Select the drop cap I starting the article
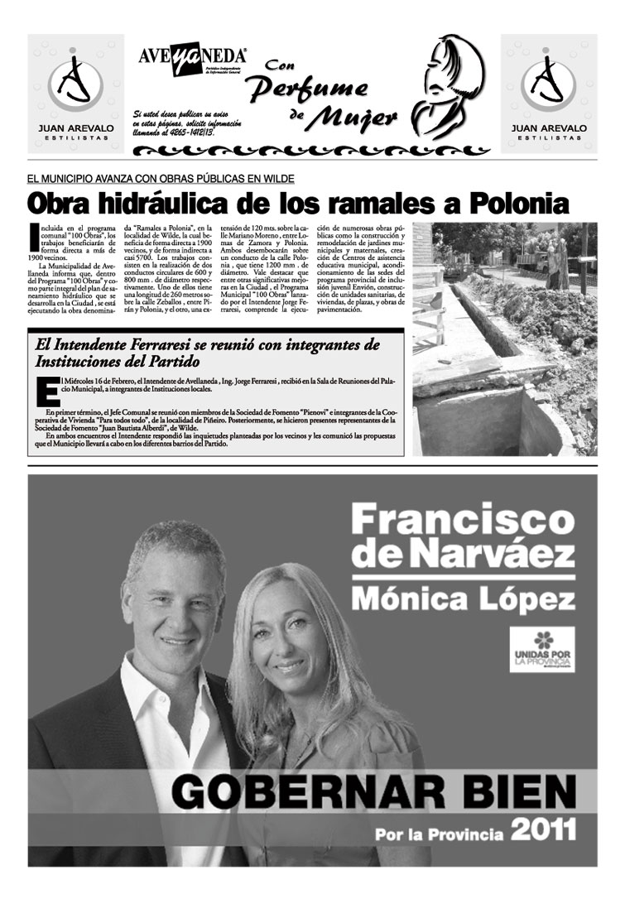tap(32, 233)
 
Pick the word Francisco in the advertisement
tap(462, 521)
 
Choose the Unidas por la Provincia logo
tap(541, 649)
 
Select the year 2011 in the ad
tap(542, 830)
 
